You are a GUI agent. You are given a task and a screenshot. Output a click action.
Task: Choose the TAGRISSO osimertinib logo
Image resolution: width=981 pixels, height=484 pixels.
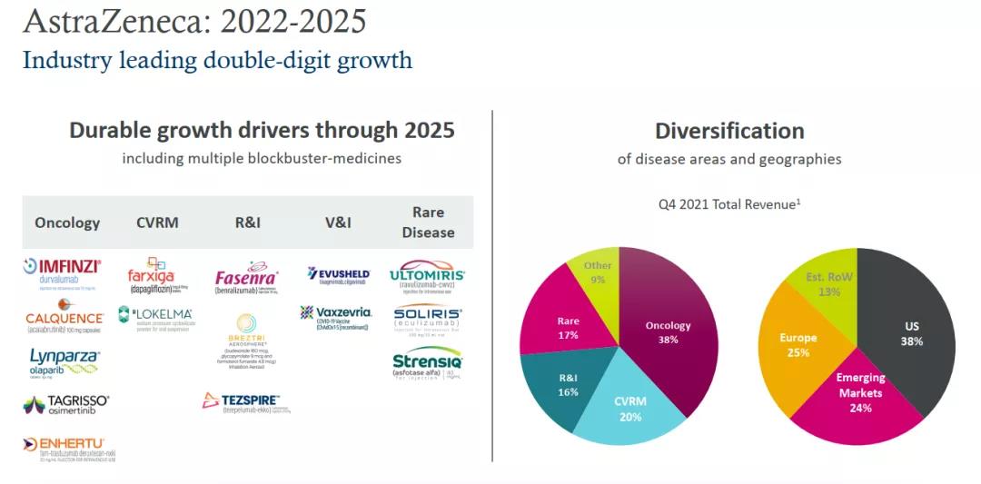point(65,404)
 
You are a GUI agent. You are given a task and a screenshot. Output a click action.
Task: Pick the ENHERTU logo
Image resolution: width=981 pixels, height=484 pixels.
point(69,448)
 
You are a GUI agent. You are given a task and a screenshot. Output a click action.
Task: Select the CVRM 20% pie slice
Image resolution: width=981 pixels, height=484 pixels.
point(629,409)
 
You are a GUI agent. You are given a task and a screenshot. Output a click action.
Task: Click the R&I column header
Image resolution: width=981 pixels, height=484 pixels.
point(247,222)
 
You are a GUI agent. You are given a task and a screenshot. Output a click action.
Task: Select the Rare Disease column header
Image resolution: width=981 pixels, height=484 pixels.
point(428,222)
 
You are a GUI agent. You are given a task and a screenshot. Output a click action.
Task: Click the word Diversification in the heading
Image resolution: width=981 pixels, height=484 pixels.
point(729,131)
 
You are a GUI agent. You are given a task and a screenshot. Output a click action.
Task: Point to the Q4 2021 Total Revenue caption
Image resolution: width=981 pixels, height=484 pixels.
point(729,204)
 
